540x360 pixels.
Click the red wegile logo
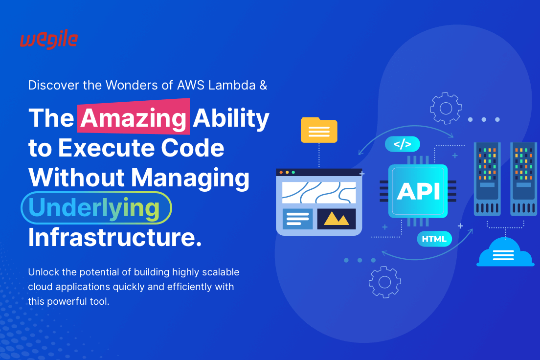(x=48, y=40)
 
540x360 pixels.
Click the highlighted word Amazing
(x=134, y=118)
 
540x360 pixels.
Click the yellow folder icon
(x=319, y=130)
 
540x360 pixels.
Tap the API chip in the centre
(x=418, y=191)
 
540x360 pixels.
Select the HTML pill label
(x=434, y=239)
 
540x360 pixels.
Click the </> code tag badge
(x=402, y=144)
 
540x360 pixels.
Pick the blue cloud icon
(x=505, y=252)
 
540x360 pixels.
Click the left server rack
(x=487, y=179)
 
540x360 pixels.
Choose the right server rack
(x=523, y=179)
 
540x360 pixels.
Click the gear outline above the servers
(x=446, y=108)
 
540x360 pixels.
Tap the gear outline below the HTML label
(x=384, y=282)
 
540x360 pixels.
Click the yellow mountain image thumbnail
(x=337, y=219)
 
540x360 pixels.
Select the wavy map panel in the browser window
(x=319, y=192)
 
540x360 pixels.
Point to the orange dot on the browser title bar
(x=281, y=172)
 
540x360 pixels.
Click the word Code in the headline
(x=196, y=147)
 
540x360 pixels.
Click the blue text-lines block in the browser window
(x=297, y=219)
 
